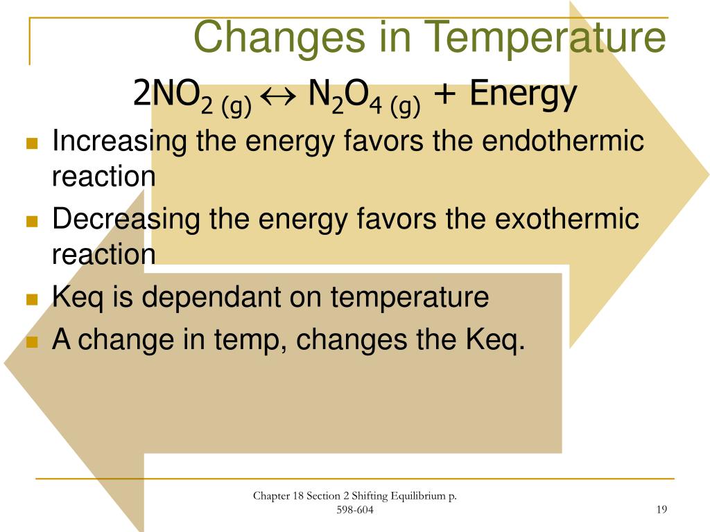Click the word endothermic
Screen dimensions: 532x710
coord(563,142)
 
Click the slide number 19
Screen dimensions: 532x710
coord(661,510)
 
